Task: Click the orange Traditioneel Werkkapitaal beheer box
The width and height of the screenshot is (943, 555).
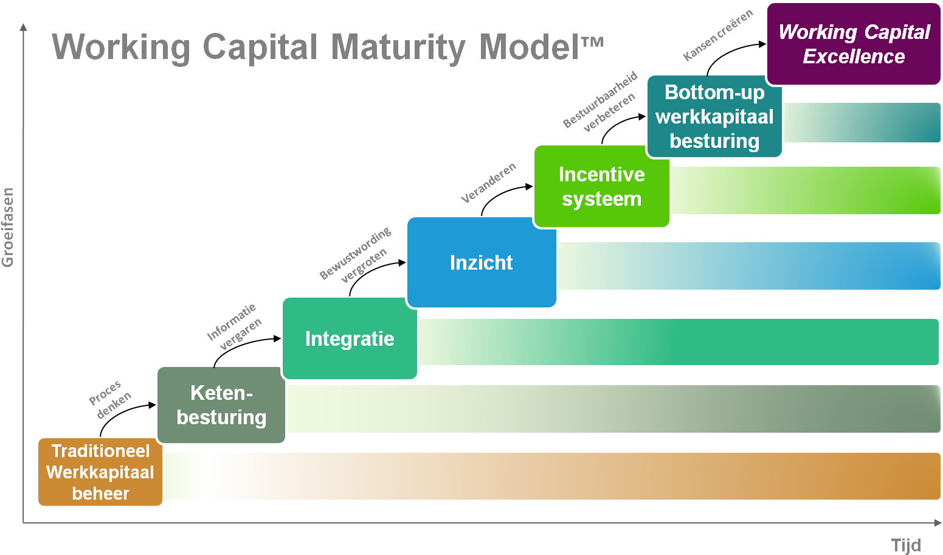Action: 100,472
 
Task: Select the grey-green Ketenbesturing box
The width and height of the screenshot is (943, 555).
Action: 221,405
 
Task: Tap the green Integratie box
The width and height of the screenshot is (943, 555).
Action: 350,338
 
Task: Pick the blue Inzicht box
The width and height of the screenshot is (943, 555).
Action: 481,262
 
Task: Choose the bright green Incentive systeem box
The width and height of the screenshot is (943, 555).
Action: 601,186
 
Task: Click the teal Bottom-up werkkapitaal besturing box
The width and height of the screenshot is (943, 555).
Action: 714,116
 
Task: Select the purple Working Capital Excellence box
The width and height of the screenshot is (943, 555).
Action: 854,44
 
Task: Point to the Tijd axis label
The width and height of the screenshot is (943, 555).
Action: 906,545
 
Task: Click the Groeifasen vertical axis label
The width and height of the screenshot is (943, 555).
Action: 8,228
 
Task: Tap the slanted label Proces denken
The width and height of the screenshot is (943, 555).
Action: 109,400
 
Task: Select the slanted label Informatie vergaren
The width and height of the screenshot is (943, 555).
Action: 234,327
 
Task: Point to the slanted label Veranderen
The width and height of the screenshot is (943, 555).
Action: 488,183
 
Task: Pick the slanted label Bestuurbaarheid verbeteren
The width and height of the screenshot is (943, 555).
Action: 601,102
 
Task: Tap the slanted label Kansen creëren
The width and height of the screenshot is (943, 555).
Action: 717,35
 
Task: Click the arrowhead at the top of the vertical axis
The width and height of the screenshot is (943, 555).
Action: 24,27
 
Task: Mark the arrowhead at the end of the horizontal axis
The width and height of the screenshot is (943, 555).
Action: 937,522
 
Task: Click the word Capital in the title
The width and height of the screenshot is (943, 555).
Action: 260,47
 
